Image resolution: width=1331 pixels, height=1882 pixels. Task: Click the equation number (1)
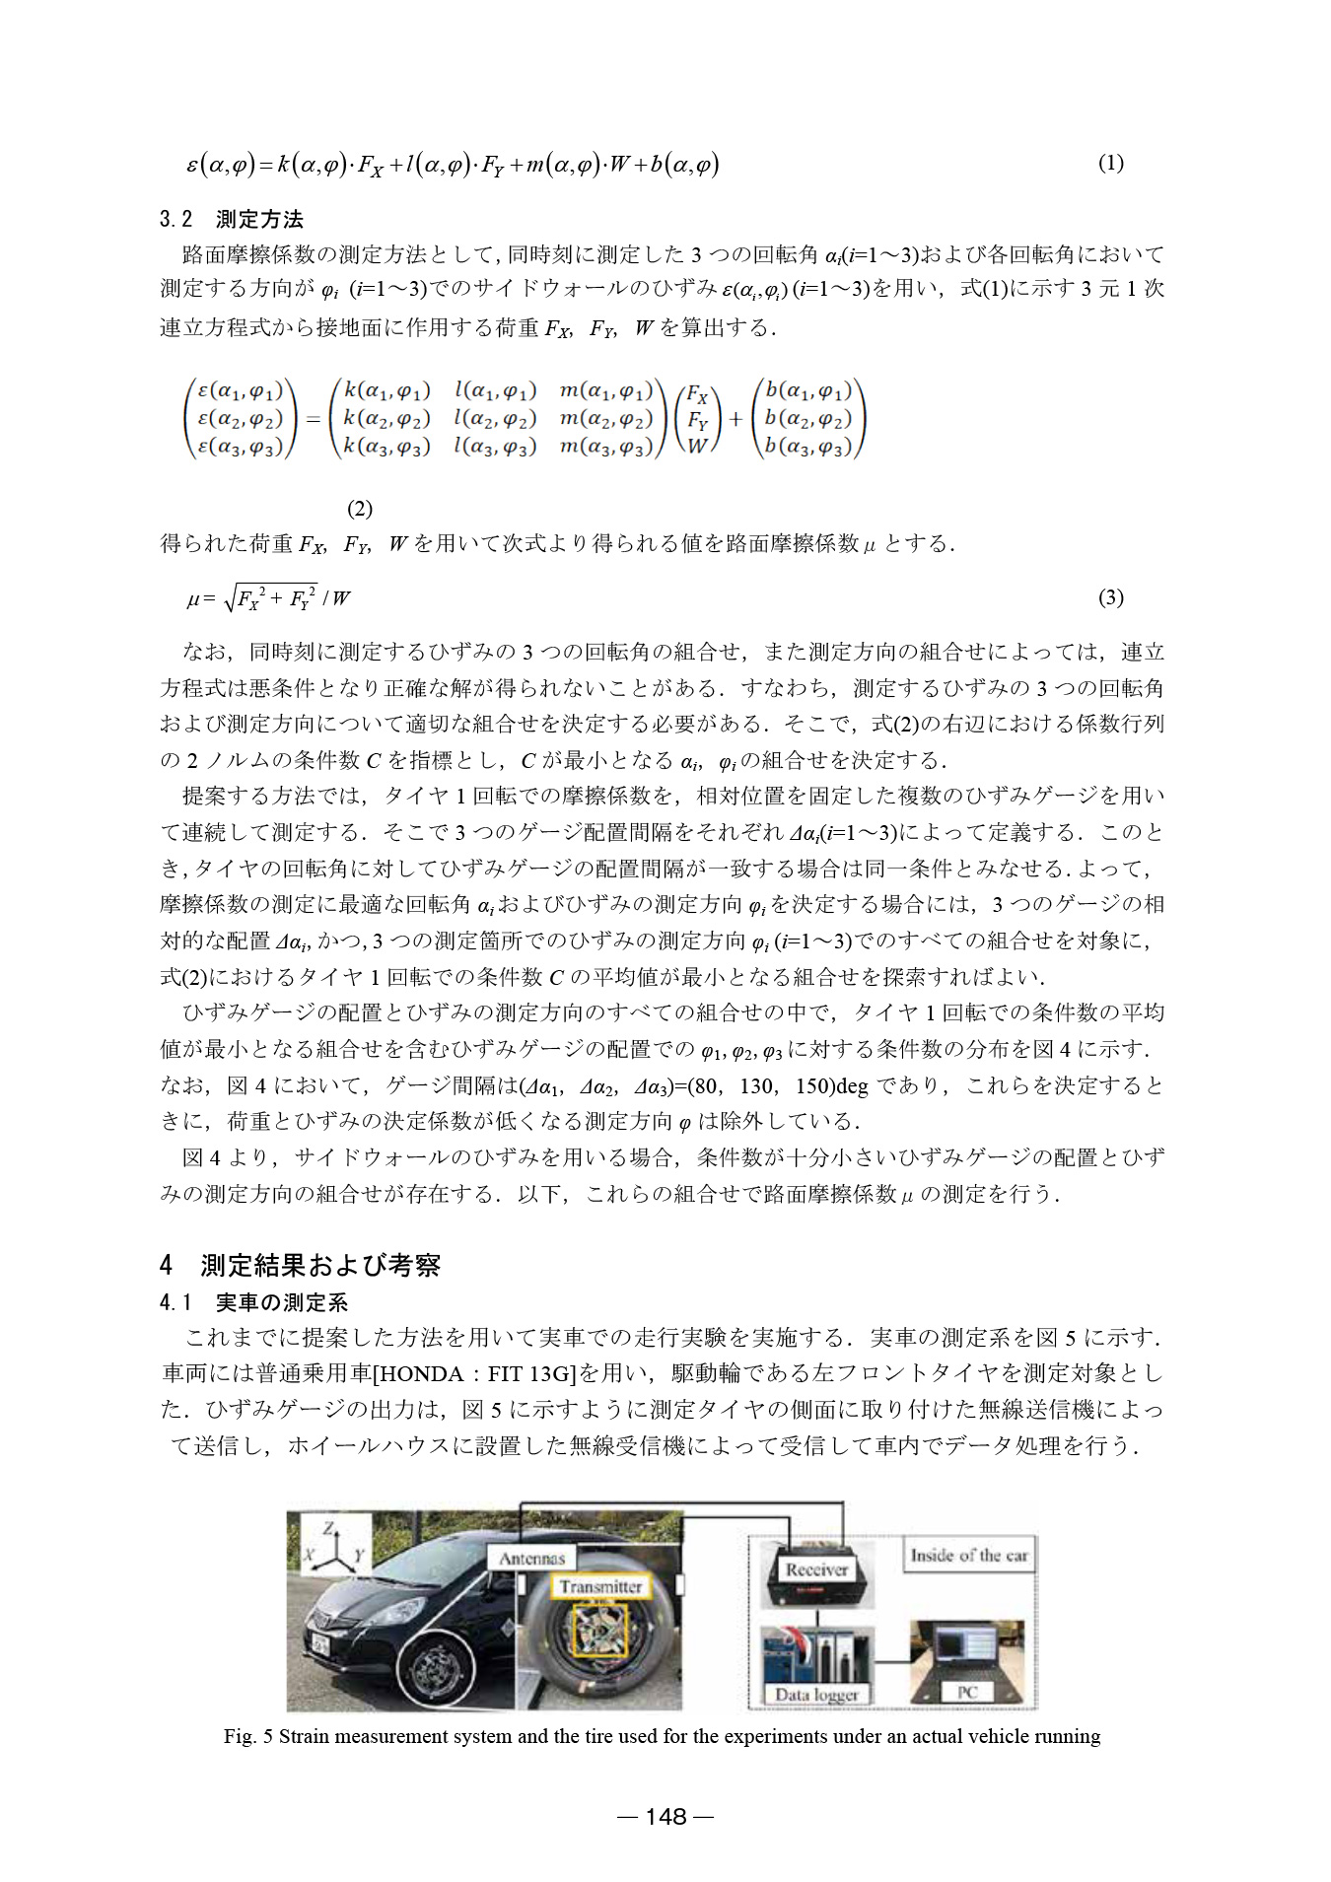tap(1110, 164)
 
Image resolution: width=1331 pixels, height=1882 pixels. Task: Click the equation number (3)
tap(1110, 597)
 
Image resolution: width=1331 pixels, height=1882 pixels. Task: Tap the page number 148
tap(665, 1816)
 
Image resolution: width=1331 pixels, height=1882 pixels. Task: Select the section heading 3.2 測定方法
tap(232, 219)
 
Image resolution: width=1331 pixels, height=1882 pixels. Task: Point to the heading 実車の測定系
tap(254, 1302)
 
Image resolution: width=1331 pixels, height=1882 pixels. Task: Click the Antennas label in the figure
tap(531, 1558)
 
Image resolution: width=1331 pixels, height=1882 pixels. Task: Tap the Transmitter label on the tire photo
tap(600, 1586)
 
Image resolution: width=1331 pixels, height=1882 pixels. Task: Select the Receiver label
tap(815, 1569)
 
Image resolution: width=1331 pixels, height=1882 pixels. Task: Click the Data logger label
tap(816, 1695)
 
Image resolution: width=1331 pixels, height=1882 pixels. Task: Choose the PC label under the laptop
tap(967, 1692)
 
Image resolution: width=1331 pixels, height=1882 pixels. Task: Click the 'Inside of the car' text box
tap(968, 1555)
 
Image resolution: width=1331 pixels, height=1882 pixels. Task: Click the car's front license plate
tap(320, 1643)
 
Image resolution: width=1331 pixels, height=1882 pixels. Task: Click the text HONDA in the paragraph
tap(422, 1373)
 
